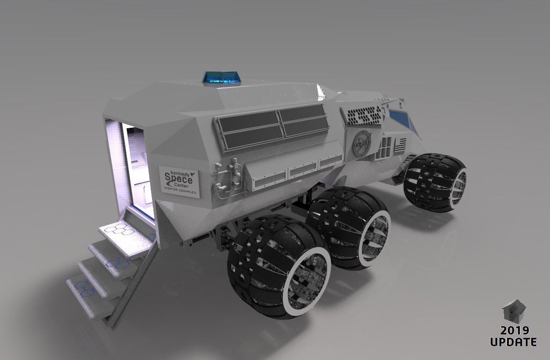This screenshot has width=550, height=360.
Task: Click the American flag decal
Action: (x=400, y=145)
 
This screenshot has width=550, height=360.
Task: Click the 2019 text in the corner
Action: (x=513, y=331)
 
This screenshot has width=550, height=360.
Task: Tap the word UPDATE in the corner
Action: (x=513, y=342)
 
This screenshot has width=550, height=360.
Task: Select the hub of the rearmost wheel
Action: (x=306, y=281)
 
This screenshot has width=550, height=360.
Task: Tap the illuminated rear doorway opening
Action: (x=135, y=166)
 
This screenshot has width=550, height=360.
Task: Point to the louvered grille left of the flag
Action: (x=385, y=147)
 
